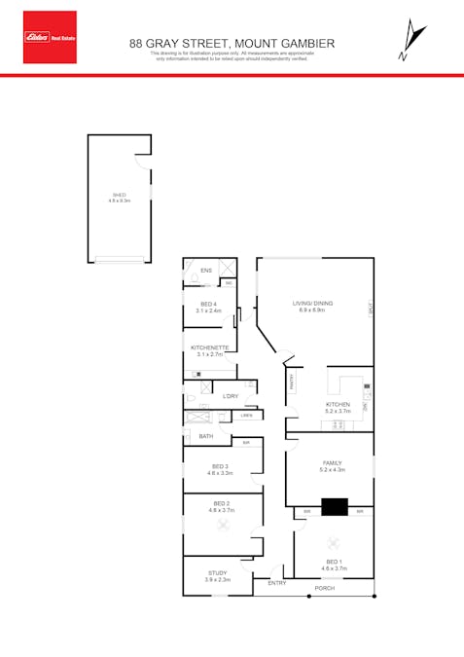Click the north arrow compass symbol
[x=413, y=42]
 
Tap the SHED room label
[x=119, y=195]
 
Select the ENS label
[x=206, y=271]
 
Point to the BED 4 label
[x=209, y=305]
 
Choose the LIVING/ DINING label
[x=313, y=304]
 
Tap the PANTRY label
[x=291, y=383]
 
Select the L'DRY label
[x=231, y=396]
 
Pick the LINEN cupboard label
[x=248, y=416]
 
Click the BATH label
[x=206, y=436]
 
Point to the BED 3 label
[x=220, y=467]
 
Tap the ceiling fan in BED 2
[x=223, y=525]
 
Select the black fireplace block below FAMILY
[x=335, y=506]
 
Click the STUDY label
[x=218, y=573]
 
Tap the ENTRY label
[x=277, y=582]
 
